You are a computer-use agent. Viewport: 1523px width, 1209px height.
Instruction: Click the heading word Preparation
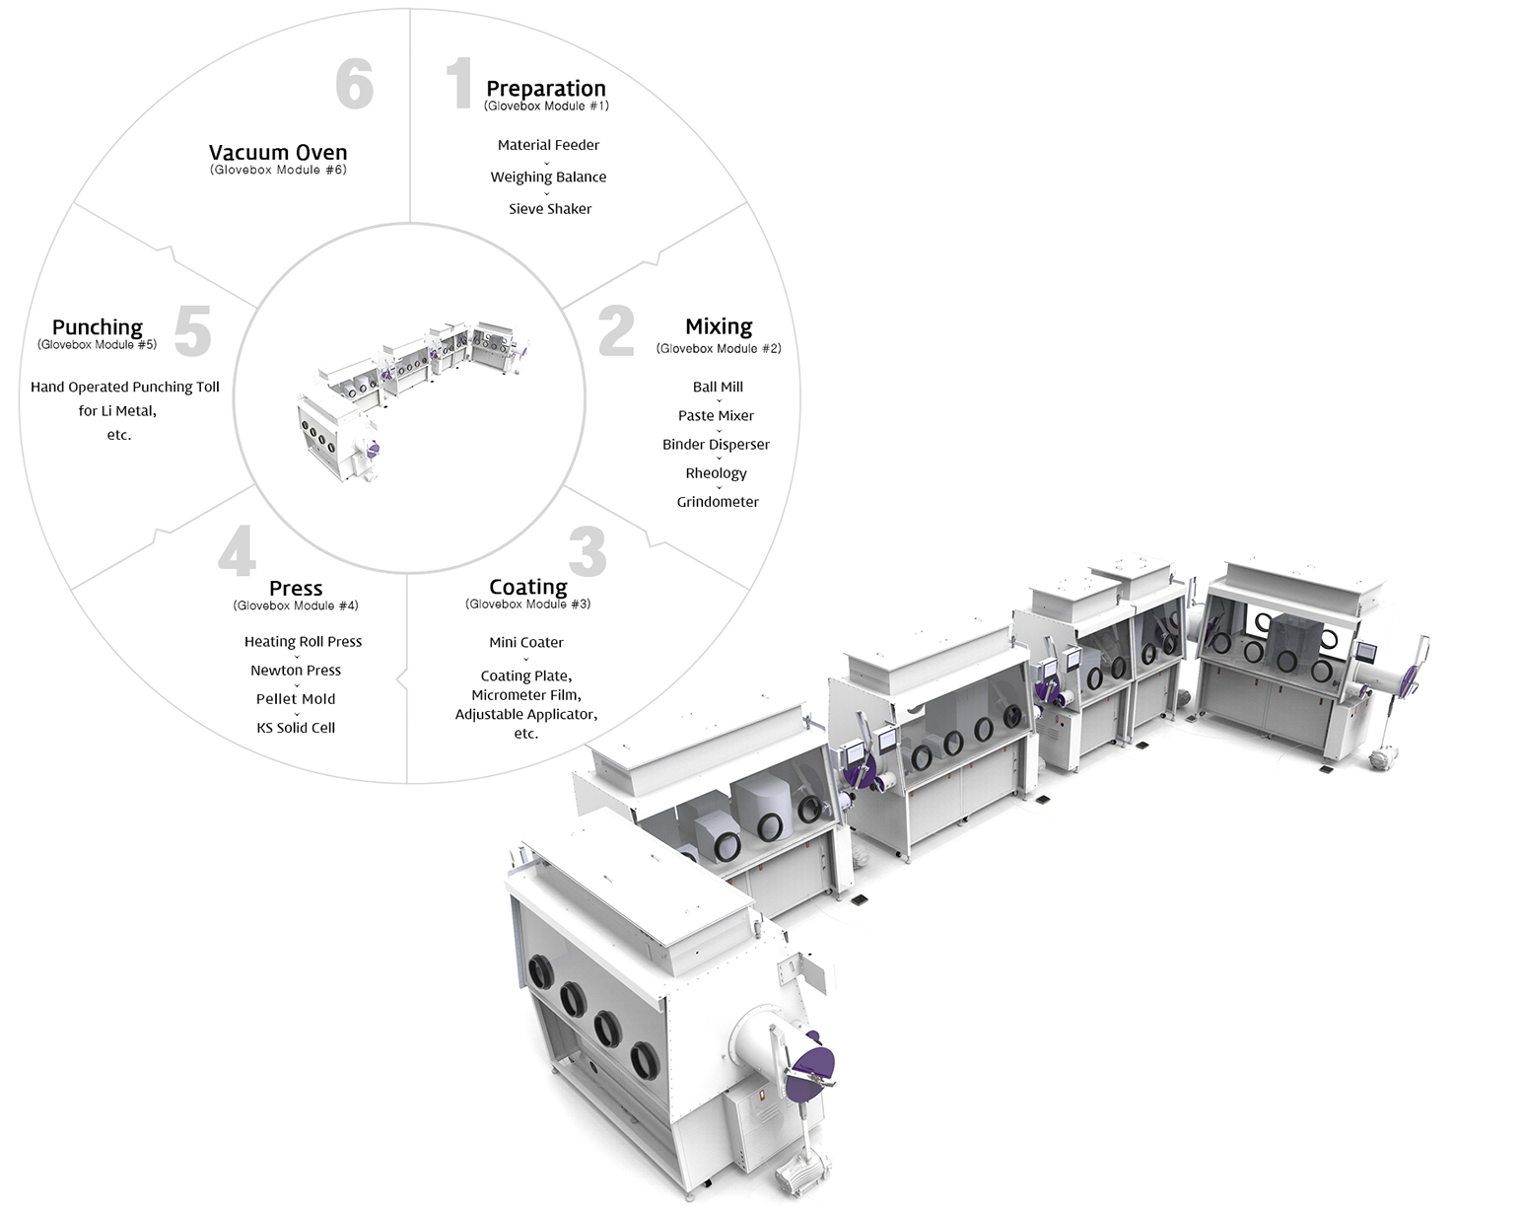pos(546,89)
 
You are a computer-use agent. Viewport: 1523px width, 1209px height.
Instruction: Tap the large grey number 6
pos(355,83)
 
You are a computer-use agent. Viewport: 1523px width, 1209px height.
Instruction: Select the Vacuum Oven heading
pos(278,152)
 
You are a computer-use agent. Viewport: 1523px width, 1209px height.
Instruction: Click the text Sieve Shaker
pos(550,209)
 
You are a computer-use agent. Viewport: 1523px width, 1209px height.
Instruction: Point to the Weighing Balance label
pos(548,178)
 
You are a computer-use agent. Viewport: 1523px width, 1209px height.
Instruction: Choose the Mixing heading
pos(719,326)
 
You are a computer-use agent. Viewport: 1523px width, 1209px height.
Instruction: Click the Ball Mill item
pos(718,387)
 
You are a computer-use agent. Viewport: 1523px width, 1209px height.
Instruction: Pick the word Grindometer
pos(718,501)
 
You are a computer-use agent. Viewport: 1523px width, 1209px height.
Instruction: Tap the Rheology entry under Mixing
pos(717,473)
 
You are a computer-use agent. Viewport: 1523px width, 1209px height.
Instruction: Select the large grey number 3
pos(588,551)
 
